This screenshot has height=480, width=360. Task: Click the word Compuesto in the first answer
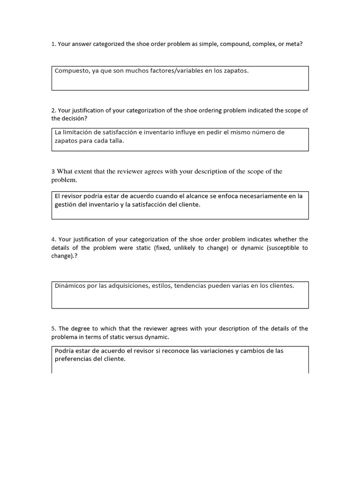coord(70,71)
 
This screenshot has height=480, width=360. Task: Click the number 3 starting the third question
coord(53,172)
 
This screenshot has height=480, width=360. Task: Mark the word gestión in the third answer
coord(67,204)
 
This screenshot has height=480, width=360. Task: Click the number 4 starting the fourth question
coord(53,239)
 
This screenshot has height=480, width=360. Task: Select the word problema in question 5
coord(64,337)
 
